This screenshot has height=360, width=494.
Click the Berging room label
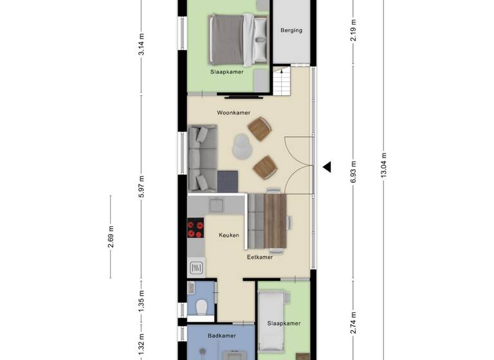pos(291,30)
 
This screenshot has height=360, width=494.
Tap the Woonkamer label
pos(233,113)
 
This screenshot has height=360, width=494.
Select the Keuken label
pos(228,235)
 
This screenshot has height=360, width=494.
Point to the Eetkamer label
pos(260,257)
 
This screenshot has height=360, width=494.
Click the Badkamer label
pos(222,336)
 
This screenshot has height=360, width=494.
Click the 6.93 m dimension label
pos(353,175)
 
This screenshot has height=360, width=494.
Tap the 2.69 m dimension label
pos(111,236)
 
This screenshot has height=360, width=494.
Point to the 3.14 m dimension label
pos(142,45)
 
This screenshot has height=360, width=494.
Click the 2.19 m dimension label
pos(353,31)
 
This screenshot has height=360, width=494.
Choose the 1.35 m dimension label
pos(142,300)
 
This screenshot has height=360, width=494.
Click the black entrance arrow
pos(327,167)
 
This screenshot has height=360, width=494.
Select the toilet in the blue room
pos(201,308)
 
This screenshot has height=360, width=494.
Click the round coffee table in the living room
pos(242,146)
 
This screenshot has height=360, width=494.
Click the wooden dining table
pos(275,221)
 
